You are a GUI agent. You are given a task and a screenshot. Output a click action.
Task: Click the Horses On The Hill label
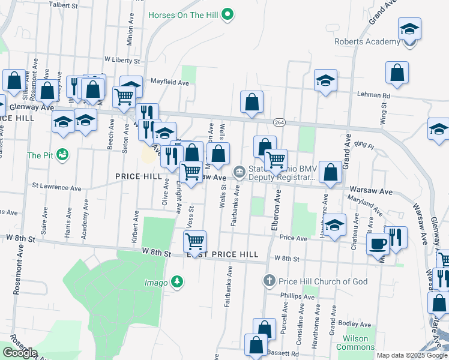tap(182, 14)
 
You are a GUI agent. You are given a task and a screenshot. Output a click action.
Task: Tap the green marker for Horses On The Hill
tap(228, 14)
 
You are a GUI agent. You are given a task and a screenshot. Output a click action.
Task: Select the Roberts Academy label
tap(367, 41)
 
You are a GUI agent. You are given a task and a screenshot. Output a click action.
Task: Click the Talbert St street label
tap(65, 4)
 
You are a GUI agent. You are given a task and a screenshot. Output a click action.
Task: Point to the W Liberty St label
tap(122, 61)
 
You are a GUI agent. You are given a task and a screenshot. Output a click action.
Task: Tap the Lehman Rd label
tap(373, 95)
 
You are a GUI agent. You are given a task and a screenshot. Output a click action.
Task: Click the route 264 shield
tap(279, 122)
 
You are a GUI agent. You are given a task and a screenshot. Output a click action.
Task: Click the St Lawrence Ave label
tap(57, 188)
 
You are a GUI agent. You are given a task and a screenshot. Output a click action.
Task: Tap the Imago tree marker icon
tap(176, 281)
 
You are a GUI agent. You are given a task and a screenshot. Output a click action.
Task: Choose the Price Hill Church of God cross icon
tap(270, 281)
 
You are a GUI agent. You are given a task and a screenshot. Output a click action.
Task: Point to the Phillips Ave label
tap(298, 296)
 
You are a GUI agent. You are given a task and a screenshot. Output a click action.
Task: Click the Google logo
tap(20, 353)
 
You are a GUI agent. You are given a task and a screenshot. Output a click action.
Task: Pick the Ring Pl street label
tap(364, 146)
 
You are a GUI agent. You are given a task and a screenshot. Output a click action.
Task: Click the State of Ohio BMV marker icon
tap(239, 173)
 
